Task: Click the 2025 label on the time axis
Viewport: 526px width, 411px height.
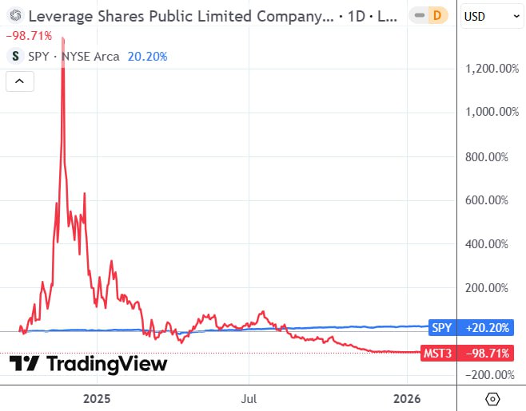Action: click(96, 397)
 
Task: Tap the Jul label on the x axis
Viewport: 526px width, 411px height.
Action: click(249, 397)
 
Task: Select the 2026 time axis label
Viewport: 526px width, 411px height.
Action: click(408, 397)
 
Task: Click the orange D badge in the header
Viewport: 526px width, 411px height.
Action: click(436, 16)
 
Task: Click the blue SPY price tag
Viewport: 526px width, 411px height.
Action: click(441, 327)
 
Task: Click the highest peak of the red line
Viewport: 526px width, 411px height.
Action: click(63, 38)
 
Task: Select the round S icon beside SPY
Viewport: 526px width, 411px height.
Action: click(15, 57)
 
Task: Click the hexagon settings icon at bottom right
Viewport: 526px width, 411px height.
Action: click(492, 397)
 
